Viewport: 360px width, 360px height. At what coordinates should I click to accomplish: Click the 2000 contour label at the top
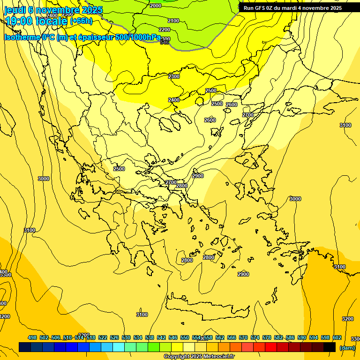[156, 6]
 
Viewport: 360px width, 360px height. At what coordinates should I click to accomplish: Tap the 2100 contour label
[173, 21]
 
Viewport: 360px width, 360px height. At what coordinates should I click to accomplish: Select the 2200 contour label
[165, 30]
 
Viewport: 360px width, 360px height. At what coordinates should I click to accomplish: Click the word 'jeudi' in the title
[14, 10]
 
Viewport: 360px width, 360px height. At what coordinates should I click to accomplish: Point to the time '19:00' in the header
[18, 21]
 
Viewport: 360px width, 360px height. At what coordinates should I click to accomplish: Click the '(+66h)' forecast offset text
[81, 21]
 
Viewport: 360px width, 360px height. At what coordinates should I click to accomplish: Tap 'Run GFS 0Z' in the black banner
[260, 8]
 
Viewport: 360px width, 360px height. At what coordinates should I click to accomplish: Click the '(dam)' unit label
[347, 348]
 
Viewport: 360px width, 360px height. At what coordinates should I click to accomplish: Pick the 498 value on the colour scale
[32, 337]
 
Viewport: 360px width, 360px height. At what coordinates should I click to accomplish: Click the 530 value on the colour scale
[126, 337]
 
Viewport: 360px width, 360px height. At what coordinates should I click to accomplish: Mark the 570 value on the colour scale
[243, 337]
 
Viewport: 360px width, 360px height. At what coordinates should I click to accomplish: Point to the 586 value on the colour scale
[290, 337]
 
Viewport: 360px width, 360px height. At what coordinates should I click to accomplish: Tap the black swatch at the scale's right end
[330, 347]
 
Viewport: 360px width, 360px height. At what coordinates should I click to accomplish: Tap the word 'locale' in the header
[51, 21]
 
